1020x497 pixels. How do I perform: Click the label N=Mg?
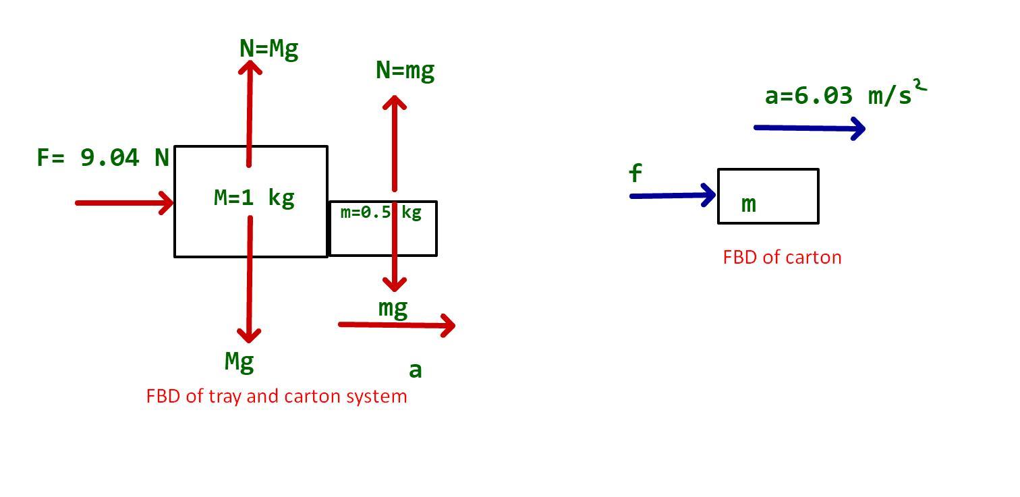coord(268,49)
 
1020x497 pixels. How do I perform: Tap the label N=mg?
coord(405,71)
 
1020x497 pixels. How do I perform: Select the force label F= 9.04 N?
coord(103,158)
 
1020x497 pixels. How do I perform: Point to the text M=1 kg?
coord(254,198)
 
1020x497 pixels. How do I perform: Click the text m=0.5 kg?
coord(381,212)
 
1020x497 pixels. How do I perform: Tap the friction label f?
coord(635,174)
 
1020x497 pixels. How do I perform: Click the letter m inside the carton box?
coord(748,204)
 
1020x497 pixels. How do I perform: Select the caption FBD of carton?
coord(782,258)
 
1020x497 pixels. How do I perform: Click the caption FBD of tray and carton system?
coord(277,396)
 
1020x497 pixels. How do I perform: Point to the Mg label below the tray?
coord(239,362)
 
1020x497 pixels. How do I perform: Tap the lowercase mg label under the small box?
coord(393,309)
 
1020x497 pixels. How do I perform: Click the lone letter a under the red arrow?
coord(416,370)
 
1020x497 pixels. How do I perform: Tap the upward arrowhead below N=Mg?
coord(250,67)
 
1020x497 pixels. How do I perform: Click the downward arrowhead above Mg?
coord(250,334)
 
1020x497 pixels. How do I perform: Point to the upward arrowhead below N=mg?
coord(395,103)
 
